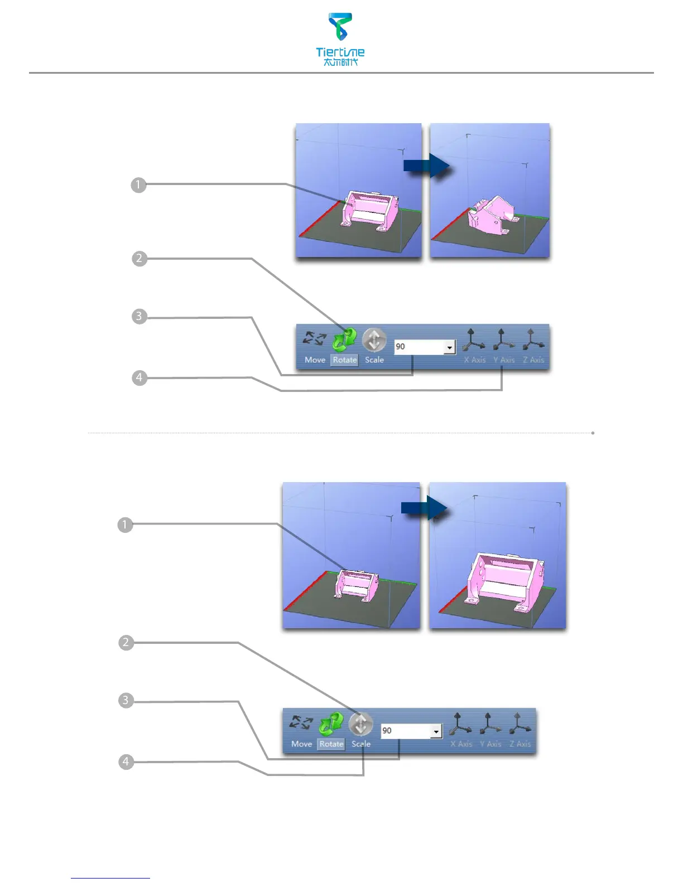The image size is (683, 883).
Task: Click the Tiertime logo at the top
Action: pos(340,39)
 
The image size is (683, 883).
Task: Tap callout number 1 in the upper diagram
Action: pos(138,185)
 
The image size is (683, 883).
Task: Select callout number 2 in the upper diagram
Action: pos(140,259)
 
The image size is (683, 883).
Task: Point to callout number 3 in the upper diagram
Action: pos(140,317)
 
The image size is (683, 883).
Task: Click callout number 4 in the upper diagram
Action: pos(140,378)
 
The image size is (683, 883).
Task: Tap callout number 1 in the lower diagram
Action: pos(125,525)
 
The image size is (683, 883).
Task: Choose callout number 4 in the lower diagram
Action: pos(126,761)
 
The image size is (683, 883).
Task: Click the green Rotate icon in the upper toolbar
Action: pos(344,338)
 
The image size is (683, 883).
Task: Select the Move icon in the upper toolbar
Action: pos(315,338)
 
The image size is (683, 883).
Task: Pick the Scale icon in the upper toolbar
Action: pos(374,339)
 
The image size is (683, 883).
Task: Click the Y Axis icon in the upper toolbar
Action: pos(503,338)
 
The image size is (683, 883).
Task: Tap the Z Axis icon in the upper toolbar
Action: pos(532,338)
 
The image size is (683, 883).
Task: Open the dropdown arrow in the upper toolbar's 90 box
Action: pos(449,347)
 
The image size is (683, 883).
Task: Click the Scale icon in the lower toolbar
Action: pos(360,724)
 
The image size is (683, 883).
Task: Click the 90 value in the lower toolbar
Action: pos(387,731)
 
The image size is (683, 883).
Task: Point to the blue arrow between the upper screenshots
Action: pos(426,166)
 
